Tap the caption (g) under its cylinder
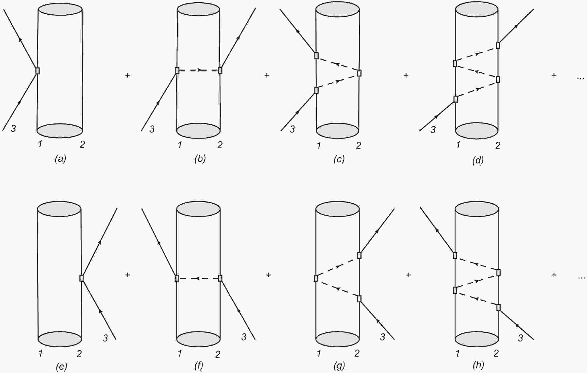coord(339,365)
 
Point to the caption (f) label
coord(199,365)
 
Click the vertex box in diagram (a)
coord(38,71)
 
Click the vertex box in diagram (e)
coord(82,278)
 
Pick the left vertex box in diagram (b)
coord(177,70)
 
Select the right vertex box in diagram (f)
coord(220,278)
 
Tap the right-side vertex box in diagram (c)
coord(359,73)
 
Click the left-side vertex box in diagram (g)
coord(316,278)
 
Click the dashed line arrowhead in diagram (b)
coord(200,70)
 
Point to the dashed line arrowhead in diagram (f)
coord(197,278)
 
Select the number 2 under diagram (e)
coord(79,354)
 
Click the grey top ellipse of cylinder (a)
coord(60,9)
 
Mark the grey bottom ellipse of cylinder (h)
coord(477,339)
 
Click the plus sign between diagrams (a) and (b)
coord(128,75)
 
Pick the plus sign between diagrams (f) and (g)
coord(268,275)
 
